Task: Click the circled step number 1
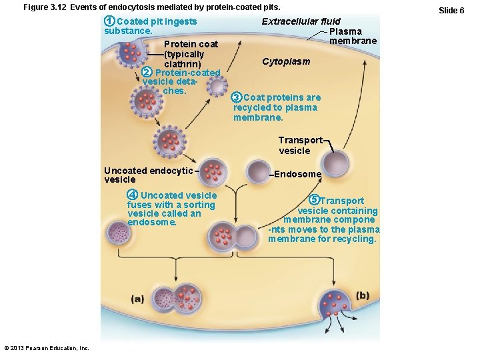pos(109,21)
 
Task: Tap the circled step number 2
pos(147,73)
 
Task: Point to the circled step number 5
pos(315,201)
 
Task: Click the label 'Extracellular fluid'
pos(301,21)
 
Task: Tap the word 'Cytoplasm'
pos(286,61)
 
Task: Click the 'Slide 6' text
pos(452,11)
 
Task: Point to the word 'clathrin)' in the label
pos(183,64)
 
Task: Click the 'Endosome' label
pos(297,174)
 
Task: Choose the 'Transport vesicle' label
pos(299,145)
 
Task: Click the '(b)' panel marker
pos(363,295)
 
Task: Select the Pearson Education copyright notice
pos(47,348)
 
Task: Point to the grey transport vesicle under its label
pos(335,162)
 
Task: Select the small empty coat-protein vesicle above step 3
pos(217,85)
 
